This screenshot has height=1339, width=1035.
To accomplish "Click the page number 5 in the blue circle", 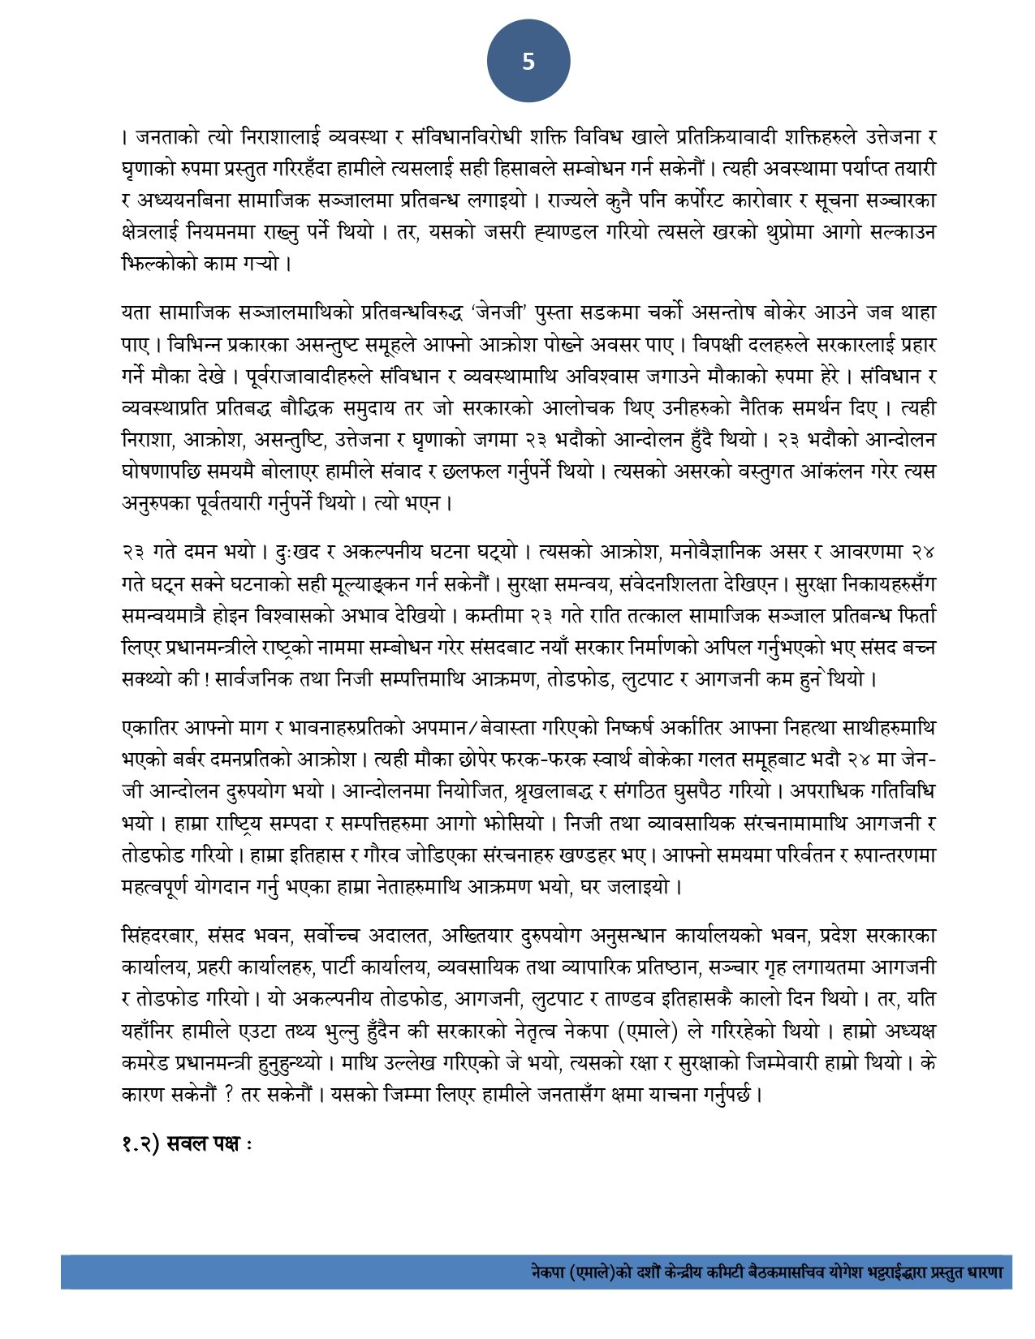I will click(528, 62).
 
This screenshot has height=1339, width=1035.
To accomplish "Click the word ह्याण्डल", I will click(588, 232).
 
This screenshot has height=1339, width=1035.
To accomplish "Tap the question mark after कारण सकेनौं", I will click(229, 1094).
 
